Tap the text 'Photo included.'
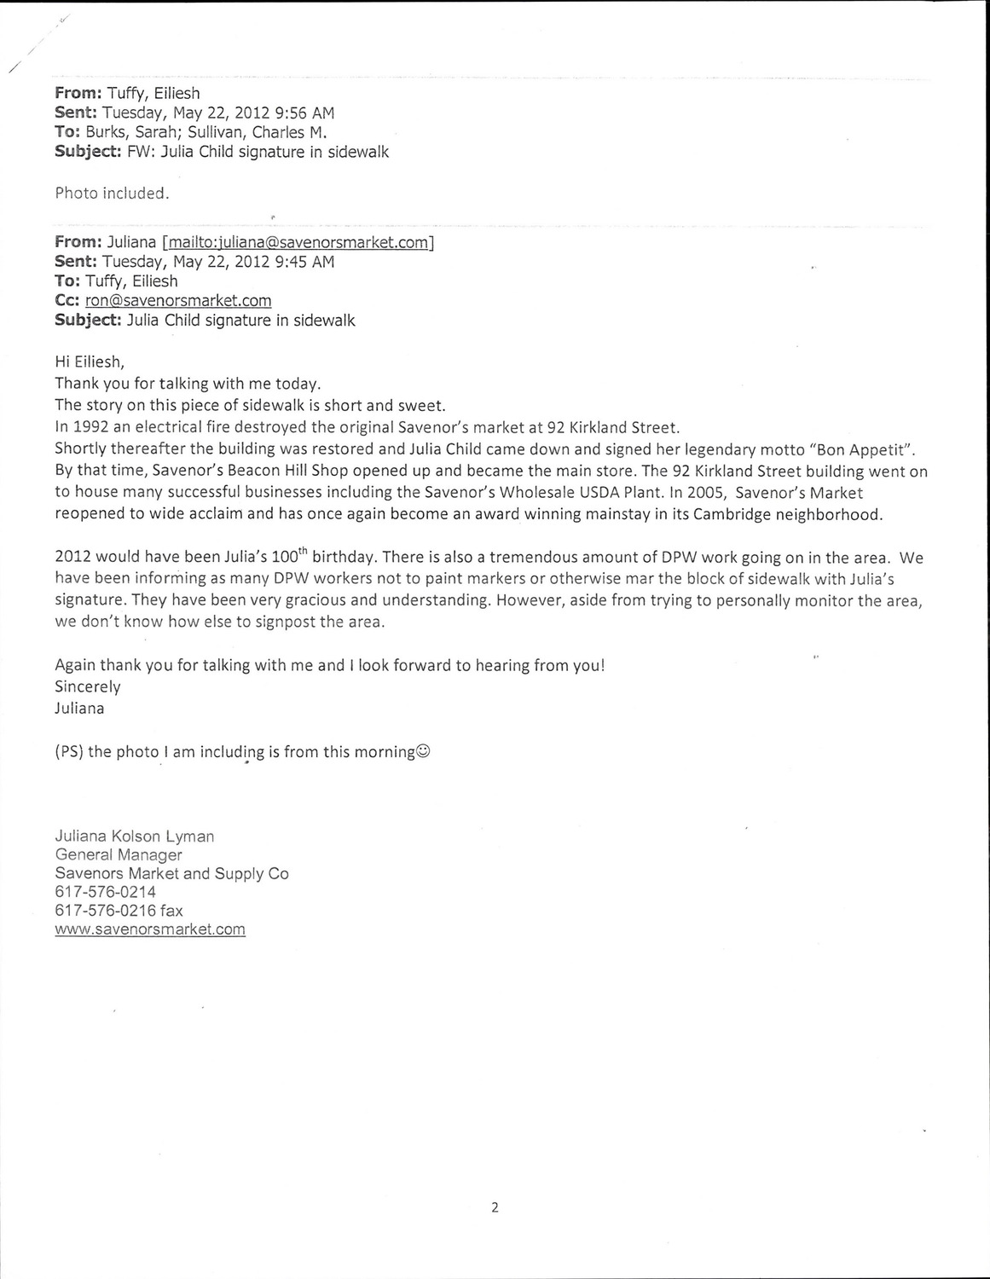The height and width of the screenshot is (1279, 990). [x=112, y=193]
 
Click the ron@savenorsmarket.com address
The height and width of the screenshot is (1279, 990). [x=178, y=300]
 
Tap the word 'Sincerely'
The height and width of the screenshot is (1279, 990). [x=88, y=686]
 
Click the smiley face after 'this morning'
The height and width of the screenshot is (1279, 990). [x=424, y=752]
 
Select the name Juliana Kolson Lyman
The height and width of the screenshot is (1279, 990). [x=135, y=836]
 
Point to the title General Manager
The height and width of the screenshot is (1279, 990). [x=119, y=854]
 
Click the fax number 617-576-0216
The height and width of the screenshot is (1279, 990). [x=106, y=910]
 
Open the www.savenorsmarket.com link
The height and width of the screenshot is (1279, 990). [x=150, y=929]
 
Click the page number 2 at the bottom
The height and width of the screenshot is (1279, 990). [x=495, y=1207]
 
